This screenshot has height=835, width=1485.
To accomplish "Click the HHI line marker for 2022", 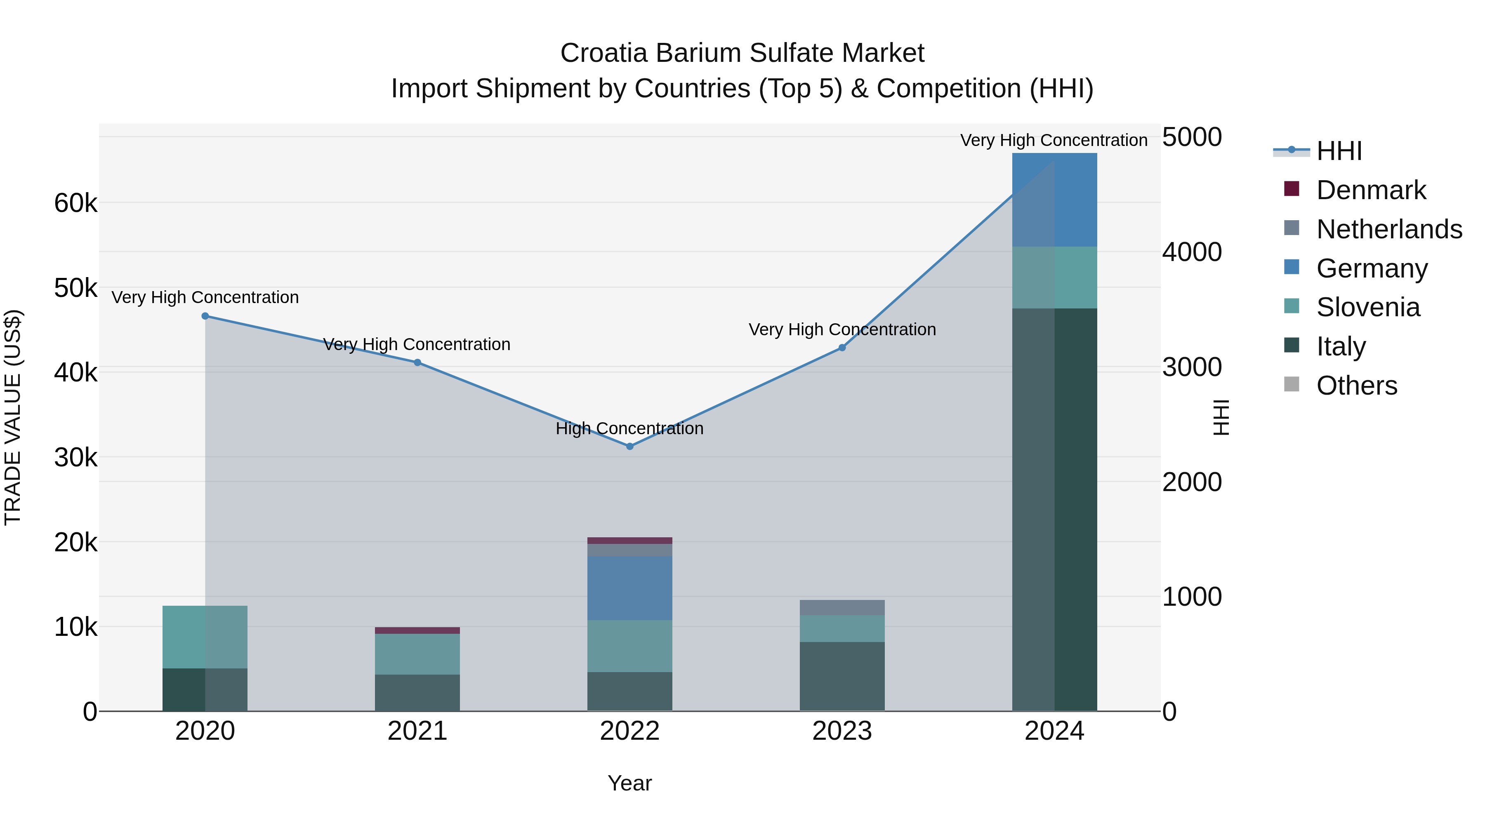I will coord(629,446).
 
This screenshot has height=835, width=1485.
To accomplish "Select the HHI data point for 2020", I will coord(205,316).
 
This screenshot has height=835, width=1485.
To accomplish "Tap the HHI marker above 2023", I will coord(841,348).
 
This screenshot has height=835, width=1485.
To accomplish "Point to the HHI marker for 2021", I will coord(417,362).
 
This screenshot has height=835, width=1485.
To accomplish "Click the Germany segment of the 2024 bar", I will coord(1054,200).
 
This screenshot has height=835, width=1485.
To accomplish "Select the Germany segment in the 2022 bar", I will coord(629,588).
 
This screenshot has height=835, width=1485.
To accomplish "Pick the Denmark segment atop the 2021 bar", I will coord(417,630).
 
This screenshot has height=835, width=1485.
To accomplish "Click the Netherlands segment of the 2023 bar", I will coord(841,607).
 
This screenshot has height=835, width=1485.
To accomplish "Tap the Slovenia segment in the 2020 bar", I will coord(205,637).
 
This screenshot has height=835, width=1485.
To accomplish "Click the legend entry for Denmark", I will coord(1371,190).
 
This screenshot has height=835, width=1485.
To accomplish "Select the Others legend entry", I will coord(1356,386).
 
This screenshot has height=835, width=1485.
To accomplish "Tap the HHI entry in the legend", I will coord(1339,151).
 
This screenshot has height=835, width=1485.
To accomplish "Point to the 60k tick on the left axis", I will coord(75,203).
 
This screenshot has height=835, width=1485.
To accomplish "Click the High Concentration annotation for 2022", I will coord(629,429).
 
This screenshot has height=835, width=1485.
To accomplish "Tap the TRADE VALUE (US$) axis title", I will coord(13,417).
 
